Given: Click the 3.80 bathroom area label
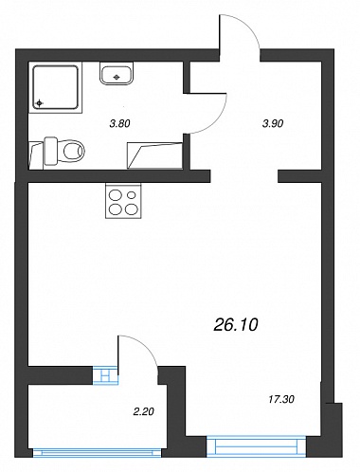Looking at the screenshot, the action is [x=119, y=123].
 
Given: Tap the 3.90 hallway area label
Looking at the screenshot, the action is [x=273, y=123].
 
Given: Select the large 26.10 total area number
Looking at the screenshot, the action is [x=236, y=324].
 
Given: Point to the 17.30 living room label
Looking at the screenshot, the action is [x=281, y=399].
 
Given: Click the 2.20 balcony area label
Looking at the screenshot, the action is [x=143, y=411].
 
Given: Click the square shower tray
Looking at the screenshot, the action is [x=56, y=87].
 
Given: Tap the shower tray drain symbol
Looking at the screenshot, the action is [x=39, y=102].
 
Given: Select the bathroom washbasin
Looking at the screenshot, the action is [x=117, y=73].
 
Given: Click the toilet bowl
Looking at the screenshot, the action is [x=74, y=151].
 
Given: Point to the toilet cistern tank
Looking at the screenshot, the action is [x=50, y=151].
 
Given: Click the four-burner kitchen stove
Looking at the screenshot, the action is [x=123, y=201].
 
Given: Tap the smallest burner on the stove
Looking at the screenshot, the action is [x=132, y=195].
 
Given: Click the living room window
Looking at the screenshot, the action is [x=257, y=446].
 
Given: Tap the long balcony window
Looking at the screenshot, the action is [x=97, y=453].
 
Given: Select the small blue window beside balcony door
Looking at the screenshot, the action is [x=105, y=375].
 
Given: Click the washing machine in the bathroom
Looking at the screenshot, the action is [x=154, y=155].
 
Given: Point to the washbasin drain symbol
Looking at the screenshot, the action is [x=117, y=77].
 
